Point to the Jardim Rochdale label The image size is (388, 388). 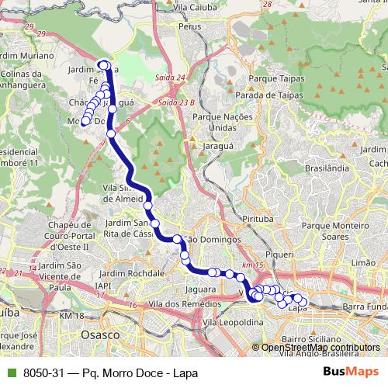tap(136, 273)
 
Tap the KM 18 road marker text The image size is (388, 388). tap(70, 316)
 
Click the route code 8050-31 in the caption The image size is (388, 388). tap(42, 372)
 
